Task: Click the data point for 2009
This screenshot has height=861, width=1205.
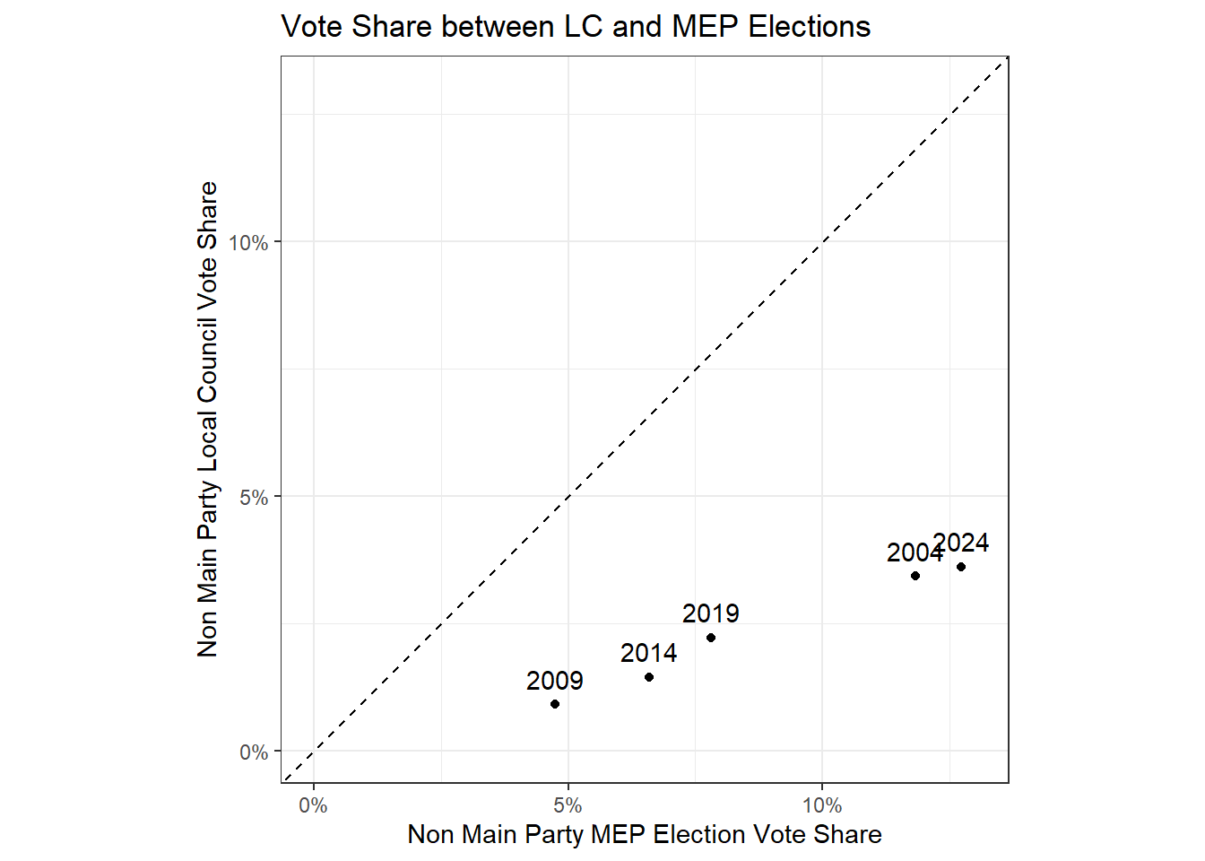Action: coord(555,704)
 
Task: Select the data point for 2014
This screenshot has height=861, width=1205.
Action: coord(649,677)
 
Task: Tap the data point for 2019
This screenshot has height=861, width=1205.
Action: coord(711,638)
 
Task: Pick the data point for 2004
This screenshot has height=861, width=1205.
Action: coord(915,576)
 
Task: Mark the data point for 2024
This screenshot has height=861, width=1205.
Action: coord(961,567)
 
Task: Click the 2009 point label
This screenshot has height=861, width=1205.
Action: coord(554,682)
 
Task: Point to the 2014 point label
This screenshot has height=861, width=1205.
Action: coord(648,654)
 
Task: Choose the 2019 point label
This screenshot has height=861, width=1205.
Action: coord(710,614)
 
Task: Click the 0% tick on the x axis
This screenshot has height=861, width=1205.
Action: coord(313,805)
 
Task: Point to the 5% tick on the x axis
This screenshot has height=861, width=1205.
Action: coord(568,805)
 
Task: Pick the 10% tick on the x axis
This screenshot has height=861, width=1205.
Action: coord(822,805)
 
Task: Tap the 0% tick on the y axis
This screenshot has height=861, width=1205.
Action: coord(254,752)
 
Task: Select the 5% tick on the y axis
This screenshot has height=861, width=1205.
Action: coord(254,498)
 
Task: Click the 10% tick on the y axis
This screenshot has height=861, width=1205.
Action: coord(248,243)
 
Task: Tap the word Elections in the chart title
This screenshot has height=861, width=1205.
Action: coord(809,27)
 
